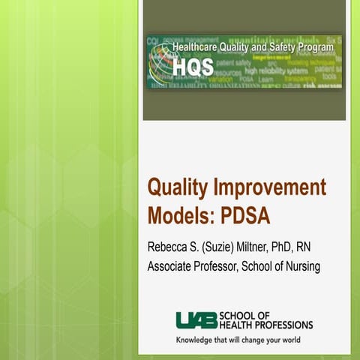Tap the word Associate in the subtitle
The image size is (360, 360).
(x=172, y=267)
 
